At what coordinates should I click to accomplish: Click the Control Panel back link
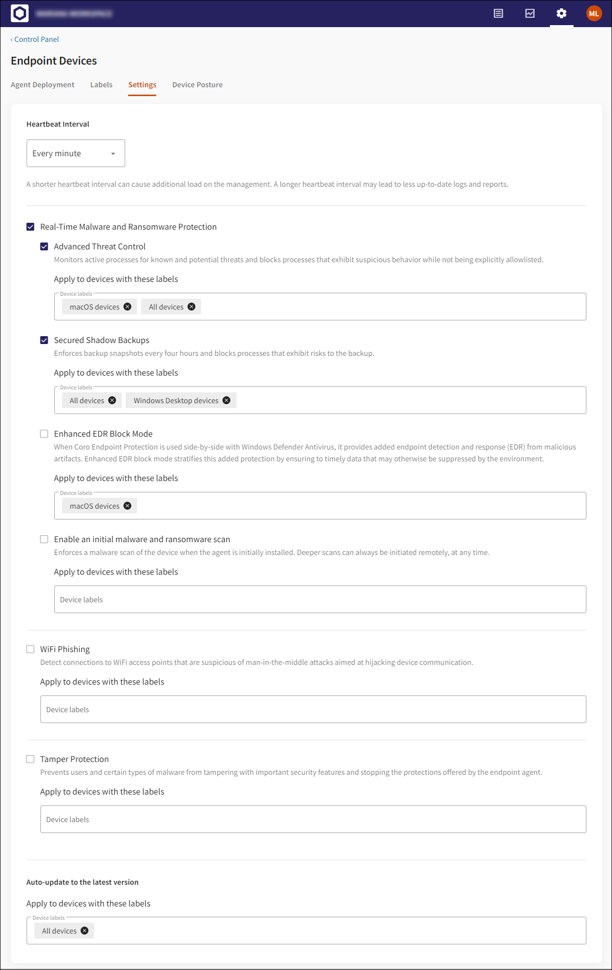(36, 39)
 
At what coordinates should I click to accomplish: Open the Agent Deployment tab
(42, 85)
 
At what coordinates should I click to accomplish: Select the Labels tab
(101, 85)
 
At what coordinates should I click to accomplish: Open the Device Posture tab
(197, 85)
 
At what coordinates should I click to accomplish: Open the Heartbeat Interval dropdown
(75, 153)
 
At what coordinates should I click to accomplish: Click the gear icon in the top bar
(561, 13)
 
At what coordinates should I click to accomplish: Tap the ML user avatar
(594, 13)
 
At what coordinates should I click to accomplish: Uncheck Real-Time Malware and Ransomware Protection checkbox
(31, 227)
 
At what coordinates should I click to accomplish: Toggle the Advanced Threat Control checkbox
(44, 246)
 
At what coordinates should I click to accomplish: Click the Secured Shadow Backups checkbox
(44, 340)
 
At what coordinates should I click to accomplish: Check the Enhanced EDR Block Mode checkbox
(44, 434)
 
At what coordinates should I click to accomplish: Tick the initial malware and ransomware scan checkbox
(44, 539)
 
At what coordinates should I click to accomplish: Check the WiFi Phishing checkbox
(31, 649)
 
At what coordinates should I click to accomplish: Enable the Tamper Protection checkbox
(31, 759)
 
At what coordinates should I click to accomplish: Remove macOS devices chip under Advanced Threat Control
(128, 307)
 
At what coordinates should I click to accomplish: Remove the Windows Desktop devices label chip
(227, 400)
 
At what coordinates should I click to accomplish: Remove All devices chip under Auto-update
(85, 931)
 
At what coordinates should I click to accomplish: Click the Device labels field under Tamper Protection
(313, 819)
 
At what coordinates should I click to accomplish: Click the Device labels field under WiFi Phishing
(313, 709)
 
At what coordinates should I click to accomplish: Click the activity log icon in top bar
(498, 13)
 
